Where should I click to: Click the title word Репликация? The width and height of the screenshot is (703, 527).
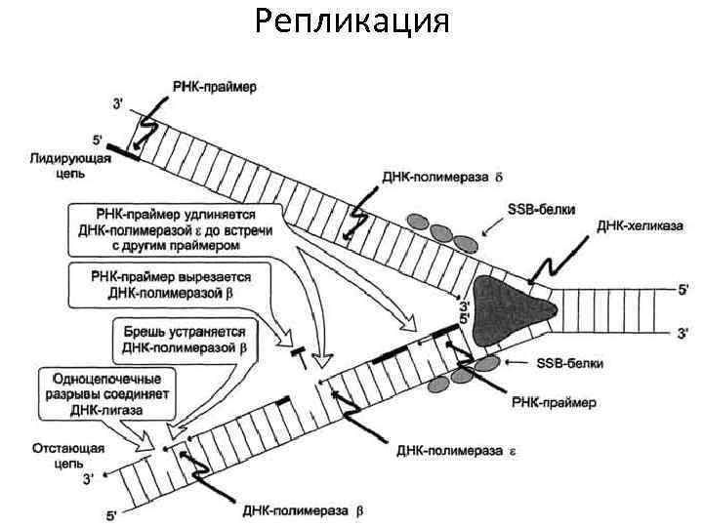pyautogui.click(x=351, y=21)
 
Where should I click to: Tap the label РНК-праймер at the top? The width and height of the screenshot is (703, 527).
pyautogui.click(x=214, y=87)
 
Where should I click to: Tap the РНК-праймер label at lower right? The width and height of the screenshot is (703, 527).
pyautogui.click(x=555, y=401)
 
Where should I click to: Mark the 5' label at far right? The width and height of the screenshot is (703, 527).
pyautogui.click(x=681, y=289)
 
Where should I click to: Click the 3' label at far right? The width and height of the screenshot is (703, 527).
pyautogui.click(x=682, y=333)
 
